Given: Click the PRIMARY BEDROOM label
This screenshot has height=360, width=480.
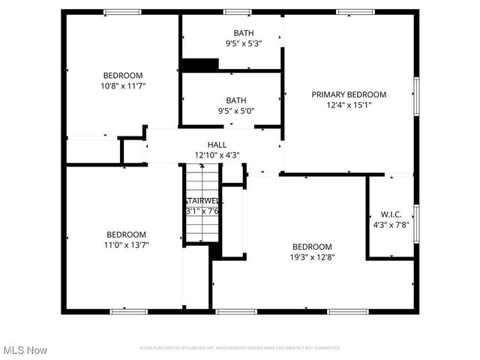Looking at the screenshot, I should pos(349,94).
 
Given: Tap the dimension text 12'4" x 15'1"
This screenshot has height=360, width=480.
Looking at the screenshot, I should pos(349,105).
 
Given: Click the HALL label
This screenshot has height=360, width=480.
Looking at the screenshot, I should pos(217,145).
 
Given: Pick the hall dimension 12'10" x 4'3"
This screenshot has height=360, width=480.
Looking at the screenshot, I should pos(217,155).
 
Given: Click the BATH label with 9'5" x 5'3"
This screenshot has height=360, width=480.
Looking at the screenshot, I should pos(243,33).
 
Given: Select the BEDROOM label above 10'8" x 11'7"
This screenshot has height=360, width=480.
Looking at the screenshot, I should pos(123,75).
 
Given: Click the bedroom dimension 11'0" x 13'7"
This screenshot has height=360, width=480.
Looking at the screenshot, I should pos(126,244).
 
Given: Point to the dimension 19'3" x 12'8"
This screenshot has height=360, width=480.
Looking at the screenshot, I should pos(312,257).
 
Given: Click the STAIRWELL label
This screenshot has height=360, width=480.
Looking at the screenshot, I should pos(203,201).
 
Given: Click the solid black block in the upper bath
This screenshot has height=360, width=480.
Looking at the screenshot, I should pos(199,65).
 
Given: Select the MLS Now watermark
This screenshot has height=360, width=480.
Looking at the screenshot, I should pos(25,350).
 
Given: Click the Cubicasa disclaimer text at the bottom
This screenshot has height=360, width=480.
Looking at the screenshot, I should pos(240,348).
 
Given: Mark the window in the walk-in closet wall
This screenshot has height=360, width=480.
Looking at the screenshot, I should pos(415,222).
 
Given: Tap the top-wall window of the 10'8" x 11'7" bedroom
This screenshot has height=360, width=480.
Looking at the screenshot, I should pos(121,12).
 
